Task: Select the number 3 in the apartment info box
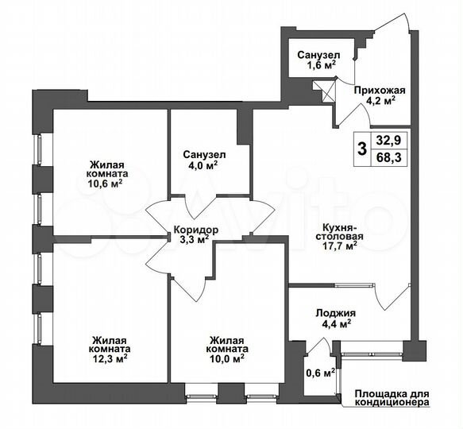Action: point(362,149)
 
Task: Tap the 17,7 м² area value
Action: point(338,245)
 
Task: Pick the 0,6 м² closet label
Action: point(320,370)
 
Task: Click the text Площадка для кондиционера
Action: point(390,397)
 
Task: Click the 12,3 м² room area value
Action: point(110,359)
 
